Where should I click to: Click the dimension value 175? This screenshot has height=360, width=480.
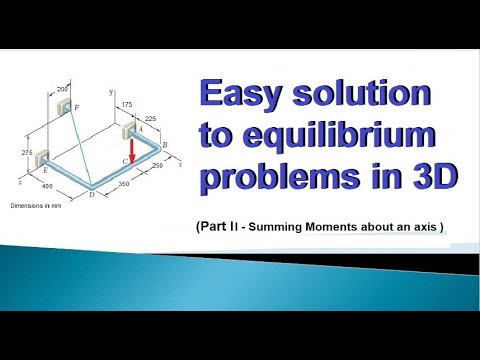[125, 103]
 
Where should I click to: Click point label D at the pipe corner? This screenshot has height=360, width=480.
[91, 193]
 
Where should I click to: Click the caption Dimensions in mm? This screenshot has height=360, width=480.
[36, 206]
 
